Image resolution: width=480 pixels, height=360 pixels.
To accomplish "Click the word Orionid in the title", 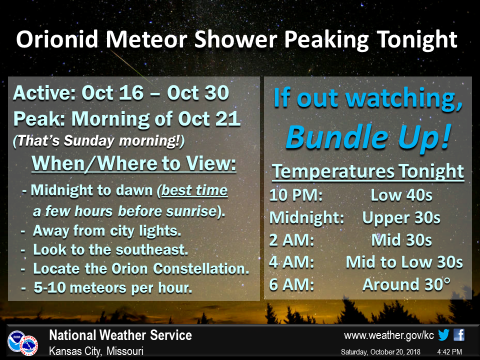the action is (57, 39).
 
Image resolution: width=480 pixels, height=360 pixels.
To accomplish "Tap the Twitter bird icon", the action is (443, 335).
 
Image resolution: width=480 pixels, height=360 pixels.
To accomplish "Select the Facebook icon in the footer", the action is (459, 335).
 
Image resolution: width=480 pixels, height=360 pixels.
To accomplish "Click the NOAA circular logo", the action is (16, 340).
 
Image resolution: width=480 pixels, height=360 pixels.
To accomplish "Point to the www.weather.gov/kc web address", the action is (389, 335).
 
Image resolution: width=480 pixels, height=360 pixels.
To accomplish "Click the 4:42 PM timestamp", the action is (449, 352).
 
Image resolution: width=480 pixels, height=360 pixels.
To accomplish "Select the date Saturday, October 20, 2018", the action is (380, 352).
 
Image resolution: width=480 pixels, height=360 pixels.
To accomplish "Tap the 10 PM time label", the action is (295, 195).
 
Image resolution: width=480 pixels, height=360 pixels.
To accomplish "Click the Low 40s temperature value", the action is (401, 195).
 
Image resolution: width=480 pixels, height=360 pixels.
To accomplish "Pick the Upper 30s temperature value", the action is (401, 217).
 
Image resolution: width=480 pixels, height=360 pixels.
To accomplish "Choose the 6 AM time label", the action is (291, 284).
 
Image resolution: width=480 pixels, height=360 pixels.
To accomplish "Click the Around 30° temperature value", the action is (406, 284).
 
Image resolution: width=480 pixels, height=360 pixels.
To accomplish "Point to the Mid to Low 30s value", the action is (404, 262).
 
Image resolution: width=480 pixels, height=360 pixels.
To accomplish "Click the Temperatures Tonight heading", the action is (368, 171).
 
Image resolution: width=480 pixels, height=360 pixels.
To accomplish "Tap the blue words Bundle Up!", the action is (368, 137).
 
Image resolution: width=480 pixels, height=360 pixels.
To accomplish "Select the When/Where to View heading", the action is (134, 163).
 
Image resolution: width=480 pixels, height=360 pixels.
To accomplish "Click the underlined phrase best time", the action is (194, 190).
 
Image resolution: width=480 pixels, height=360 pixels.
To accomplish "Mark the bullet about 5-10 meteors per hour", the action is (106, 288).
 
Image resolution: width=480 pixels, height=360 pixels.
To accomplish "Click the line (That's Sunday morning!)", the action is (98, 141).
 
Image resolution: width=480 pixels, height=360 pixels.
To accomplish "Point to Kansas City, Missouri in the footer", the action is (96, 351).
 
